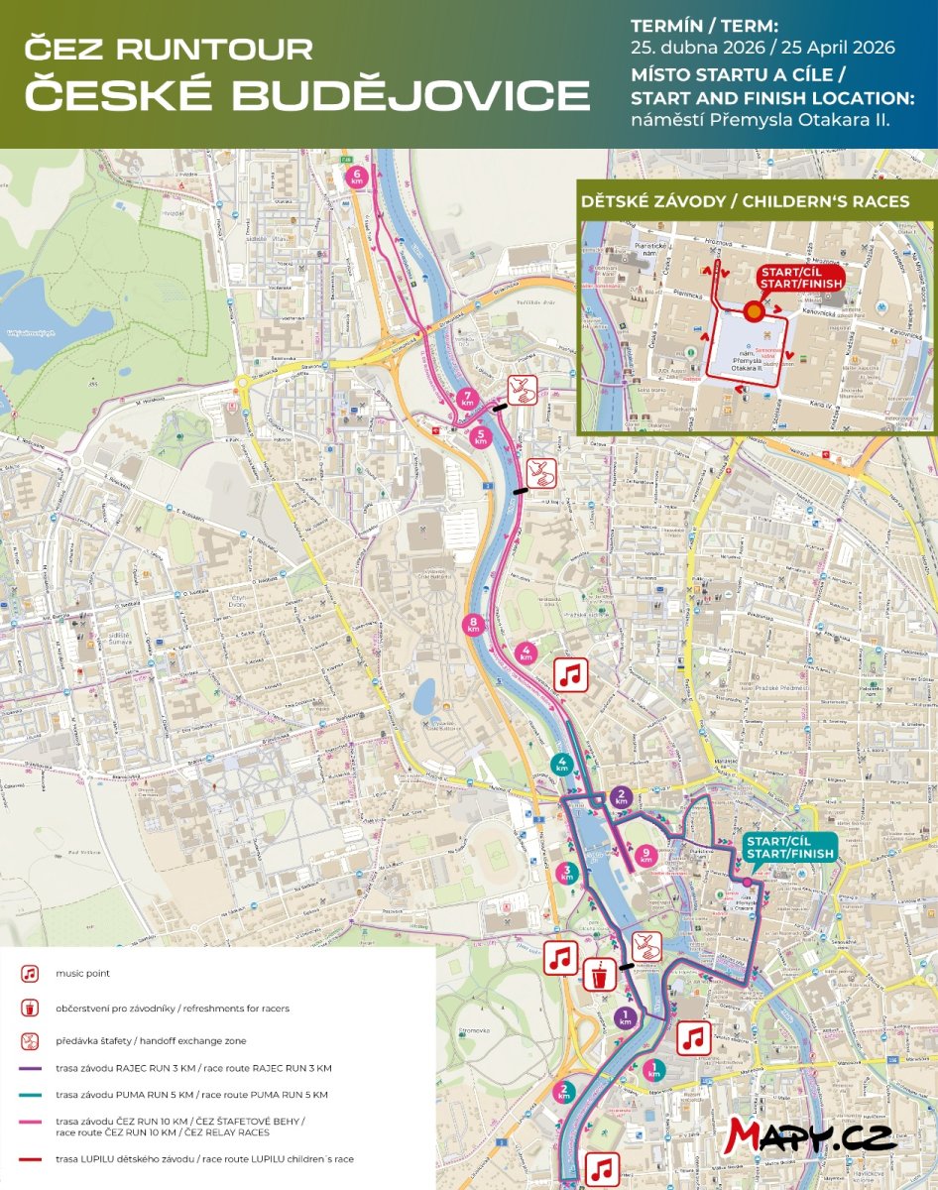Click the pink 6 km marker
[x=358, y=177]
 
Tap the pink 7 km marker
[x=468, y=401]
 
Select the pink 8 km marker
[x=474, y=625]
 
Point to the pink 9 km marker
[x=646, y=854]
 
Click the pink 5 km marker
[x=482, y=437]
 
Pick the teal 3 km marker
[x=567, y=873]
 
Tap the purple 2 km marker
[x=622, y=796]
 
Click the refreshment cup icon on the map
[x=599, y=975]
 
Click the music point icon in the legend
[x=31, y=975]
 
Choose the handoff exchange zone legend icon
[x=31, y=1041]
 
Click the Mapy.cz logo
[x=810, y=1136]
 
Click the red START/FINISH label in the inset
[x=800, y=278]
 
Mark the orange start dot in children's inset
[x=754, y=310]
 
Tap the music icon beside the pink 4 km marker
[x=570, y=675]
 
